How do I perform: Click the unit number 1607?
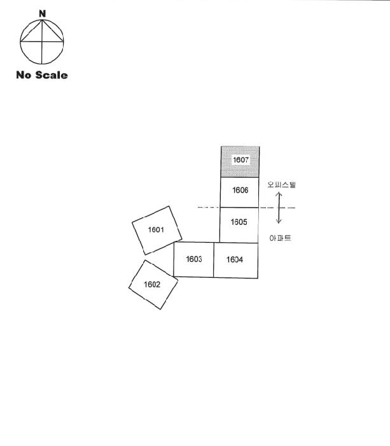point(240,160)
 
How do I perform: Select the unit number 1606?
point(240,191)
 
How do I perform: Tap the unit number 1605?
point(239,222)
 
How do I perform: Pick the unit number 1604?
point(235,259)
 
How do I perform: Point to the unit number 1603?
point(194,259)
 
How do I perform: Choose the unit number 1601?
point(156,229)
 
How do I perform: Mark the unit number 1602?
point(152,284)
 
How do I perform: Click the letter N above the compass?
point(43,13)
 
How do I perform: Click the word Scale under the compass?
point(52,75)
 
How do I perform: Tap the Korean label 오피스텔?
point(281,185)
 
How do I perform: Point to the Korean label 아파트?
point(281,238)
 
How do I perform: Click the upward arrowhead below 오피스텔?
point(279,194)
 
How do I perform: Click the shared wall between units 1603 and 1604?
point(214,260)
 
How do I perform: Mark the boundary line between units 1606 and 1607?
point(240,178)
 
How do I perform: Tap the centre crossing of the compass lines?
point(42,42)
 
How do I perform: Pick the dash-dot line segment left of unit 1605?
point(209,207)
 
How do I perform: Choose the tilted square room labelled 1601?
point(157,231)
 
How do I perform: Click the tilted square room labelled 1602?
point(153,284)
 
